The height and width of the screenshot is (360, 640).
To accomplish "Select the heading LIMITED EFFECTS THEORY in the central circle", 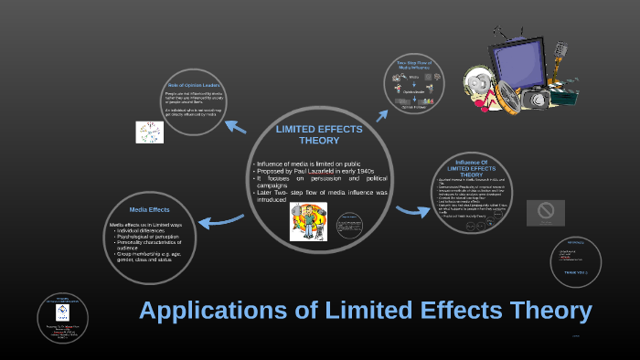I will point(319,135).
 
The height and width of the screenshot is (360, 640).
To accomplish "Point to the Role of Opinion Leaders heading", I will point(190,85).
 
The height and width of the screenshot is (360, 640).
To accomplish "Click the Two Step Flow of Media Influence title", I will point(413,66).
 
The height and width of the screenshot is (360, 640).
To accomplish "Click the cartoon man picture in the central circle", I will point(308,222).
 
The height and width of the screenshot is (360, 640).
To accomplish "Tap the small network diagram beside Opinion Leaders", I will point(149,132).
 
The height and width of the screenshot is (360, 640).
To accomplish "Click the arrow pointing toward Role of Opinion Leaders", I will point(235,126).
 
